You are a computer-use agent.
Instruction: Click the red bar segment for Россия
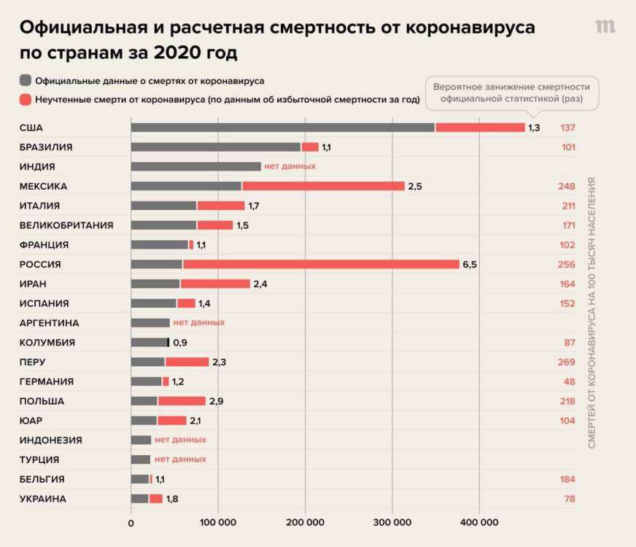(321, 264)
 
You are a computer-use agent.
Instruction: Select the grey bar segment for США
(283, 128)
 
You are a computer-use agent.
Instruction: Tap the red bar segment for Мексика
(323, 186)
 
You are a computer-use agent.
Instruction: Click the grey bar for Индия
(195, 166)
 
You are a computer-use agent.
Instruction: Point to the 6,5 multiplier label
(470, 264)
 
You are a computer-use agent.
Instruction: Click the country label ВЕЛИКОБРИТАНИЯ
(66, 225)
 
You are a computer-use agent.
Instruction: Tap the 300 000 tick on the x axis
(392, 522)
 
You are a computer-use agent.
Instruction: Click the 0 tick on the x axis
(131, 522)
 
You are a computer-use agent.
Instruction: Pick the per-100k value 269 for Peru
(566, 362)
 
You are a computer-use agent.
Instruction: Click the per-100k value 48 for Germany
(569, 381)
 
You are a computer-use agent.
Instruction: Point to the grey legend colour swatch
(26, 80)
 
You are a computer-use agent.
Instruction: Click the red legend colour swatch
(26, 100)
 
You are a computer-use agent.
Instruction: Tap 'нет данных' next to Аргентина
(198, 322)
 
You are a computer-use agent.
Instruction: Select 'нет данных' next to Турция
(180, 459)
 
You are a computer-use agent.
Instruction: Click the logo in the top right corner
(605, 27)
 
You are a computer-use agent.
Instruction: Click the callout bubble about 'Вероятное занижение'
(512, 93)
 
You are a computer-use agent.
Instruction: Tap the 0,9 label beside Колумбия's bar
(180, 342)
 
